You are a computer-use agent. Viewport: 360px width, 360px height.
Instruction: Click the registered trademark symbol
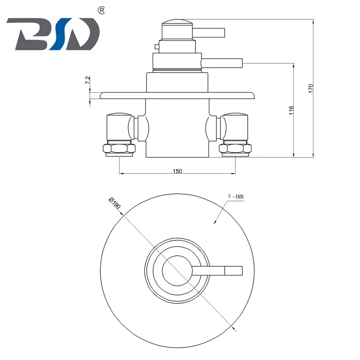(101, 10)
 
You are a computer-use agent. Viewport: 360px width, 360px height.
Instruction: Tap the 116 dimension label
(291, 110)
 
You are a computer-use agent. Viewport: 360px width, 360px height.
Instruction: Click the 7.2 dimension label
(87, 81)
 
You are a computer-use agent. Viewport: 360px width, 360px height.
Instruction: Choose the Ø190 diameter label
(115, 204)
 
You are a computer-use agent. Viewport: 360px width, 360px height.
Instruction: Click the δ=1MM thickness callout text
(236, 196)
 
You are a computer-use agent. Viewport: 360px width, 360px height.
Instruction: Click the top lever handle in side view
(209, 32)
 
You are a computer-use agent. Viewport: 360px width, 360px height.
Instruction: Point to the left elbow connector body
(118, 127)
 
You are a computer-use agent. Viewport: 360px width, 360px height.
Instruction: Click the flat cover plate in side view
(177, 95)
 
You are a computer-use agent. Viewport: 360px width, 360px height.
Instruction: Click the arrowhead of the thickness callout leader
(215, 222)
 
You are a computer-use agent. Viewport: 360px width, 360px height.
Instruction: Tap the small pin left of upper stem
(156, 47)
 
